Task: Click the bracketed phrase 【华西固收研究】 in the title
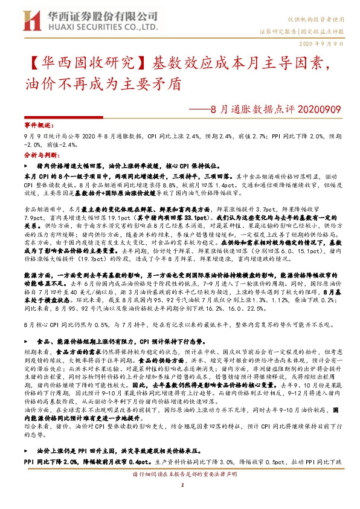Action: pyautogui.click(x=79, y=62)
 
